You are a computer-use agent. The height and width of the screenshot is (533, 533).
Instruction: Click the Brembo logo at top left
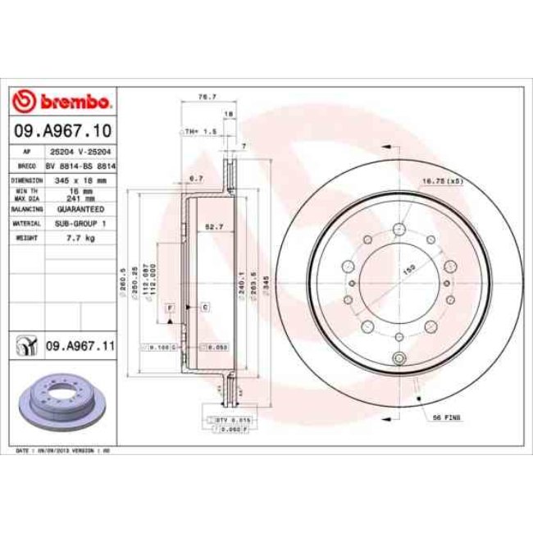pyautogui.click(x=62, y=102)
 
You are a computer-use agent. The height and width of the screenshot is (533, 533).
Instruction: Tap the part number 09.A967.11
pyautogui.click(x=79, y=347)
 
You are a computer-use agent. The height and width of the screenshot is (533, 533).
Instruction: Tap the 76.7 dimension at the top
pyautogui.click(x=207, y=97)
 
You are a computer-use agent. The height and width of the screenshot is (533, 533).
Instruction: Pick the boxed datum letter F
pyautogui.click(x=170, y=307)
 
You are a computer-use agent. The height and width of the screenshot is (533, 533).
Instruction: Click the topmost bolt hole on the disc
pyautogui.click(x=399, y=230)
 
